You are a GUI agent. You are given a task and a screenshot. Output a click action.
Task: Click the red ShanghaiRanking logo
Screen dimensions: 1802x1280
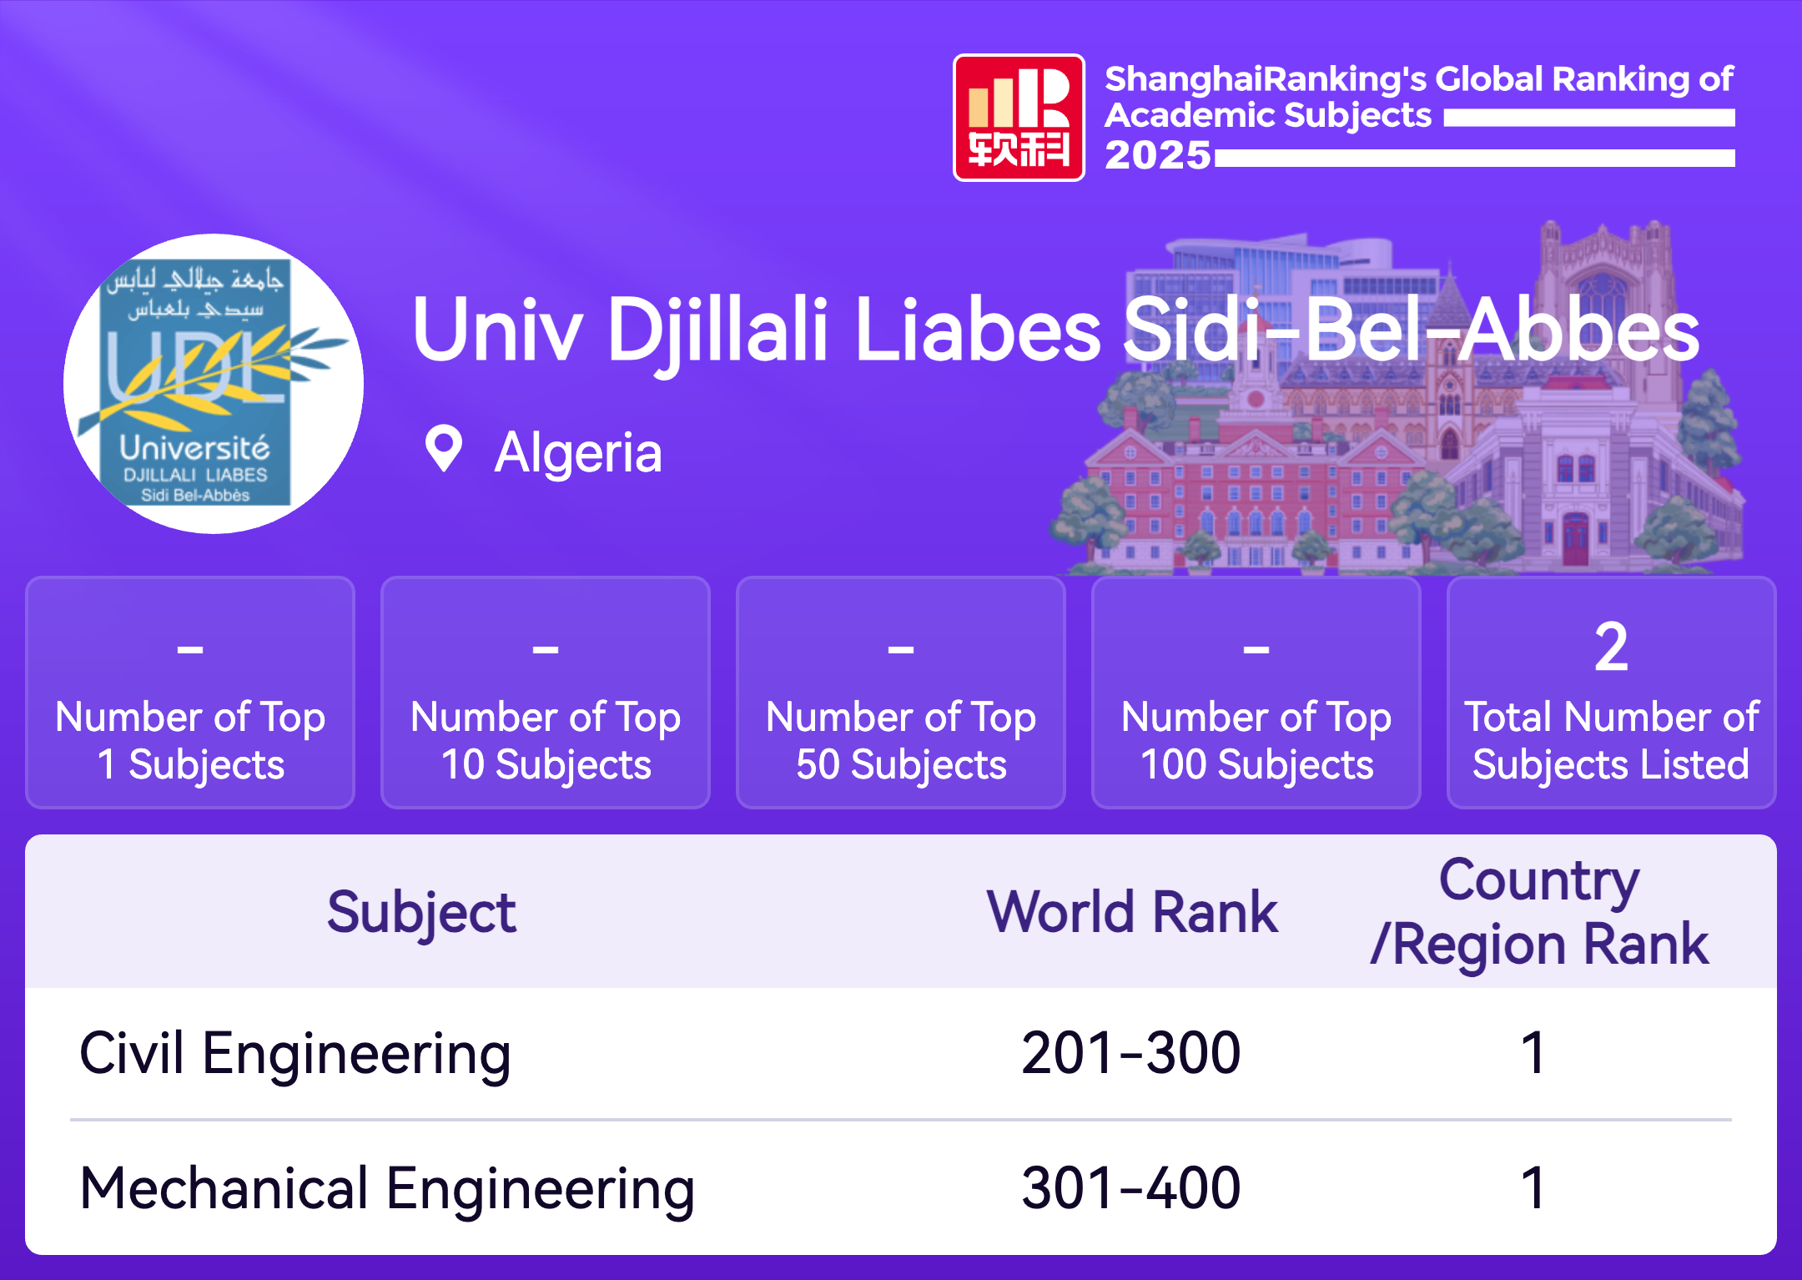click(x=1019, y=118)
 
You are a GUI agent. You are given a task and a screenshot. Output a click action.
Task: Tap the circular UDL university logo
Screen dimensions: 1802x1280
click(x=214, y=384)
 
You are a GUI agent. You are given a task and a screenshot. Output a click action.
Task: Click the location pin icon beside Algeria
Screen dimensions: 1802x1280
click(x=443, y=449)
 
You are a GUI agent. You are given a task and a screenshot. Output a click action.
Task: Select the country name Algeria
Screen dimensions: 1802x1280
click(x=578, y=453)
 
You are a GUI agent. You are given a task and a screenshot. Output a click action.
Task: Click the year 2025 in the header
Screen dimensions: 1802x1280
click(x=1157, y=155)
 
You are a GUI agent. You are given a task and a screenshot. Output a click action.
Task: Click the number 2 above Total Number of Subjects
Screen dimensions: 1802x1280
click(x=1611, y=648)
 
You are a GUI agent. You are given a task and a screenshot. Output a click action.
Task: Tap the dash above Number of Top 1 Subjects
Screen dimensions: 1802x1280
click(x=190, y=648)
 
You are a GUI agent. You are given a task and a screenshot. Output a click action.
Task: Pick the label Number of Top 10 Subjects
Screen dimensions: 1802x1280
click(x=546, y=741)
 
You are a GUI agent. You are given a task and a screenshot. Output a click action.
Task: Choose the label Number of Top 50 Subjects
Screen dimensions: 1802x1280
click(x=901, y=741)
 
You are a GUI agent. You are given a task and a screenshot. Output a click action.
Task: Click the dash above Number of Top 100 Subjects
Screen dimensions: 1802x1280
click(x=1256, y=648)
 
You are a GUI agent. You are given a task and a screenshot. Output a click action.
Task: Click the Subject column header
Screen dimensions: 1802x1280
click(x=421, y=914)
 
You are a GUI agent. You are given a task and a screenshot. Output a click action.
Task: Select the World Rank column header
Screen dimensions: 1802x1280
click(x=1132, y=912)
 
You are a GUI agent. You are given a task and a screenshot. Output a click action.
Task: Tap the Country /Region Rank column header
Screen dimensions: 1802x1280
click(x=1540, y=912)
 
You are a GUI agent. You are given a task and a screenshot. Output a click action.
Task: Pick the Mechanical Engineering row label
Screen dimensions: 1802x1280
click(x=387, y=1190)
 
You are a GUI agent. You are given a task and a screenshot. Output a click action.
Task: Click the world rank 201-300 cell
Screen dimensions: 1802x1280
click(x=1131, y=1053)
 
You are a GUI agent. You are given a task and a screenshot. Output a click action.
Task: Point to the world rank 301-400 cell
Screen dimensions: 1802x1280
click(x=1131, y=1188)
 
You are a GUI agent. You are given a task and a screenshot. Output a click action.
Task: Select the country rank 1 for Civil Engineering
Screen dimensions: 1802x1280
click(x=1533, y=1053)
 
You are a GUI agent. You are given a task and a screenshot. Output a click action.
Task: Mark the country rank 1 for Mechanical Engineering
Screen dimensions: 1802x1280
click(x=1533, y=1188)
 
